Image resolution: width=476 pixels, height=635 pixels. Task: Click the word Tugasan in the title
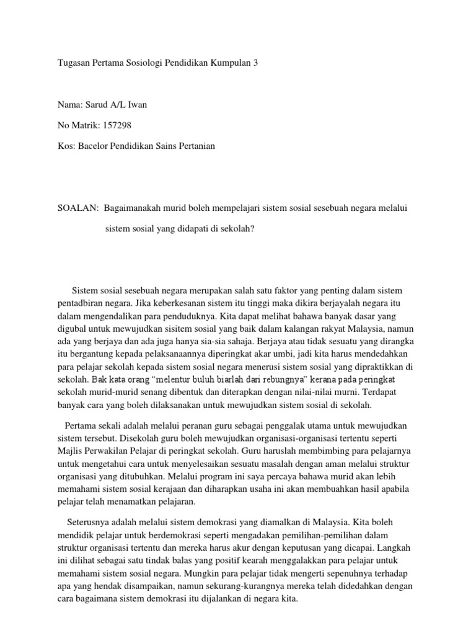tap(73, 63)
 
